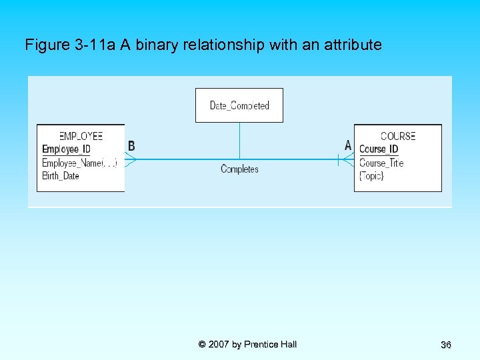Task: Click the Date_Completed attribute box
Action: coord(239,105)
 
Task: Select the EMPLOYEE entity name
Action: coord(81,136)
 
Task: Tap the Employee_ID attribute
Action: coord(66,149)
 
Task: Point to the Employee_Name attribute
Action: coord(79,163)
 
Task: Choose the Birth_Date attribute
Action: coord(61,176)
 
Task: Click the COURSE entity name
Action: coord(398,136)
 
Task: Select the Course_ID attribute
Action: coord(379,149)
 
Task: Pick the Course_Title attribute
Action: coord(381,163)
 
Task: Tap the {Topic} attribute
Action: coord(371,176)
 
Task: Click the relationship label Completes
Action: coord(239,169)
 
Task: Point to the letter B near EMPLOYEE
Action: coord(131,146)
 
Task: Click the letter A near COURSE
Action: coord(348,145)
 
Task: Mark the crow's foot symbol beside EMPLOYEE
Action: coord(131,159)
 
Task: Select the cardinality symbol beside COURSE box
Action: coord(343,159)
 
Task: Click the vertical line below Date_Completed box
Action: coord(239,141)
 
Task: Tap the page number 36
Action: coord(446,345)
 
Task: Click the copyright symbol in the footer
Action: coord(202,345)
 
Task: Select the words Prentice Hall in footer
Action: coord(271,345)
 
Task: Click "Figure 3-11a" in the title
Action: coord(70,45)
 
